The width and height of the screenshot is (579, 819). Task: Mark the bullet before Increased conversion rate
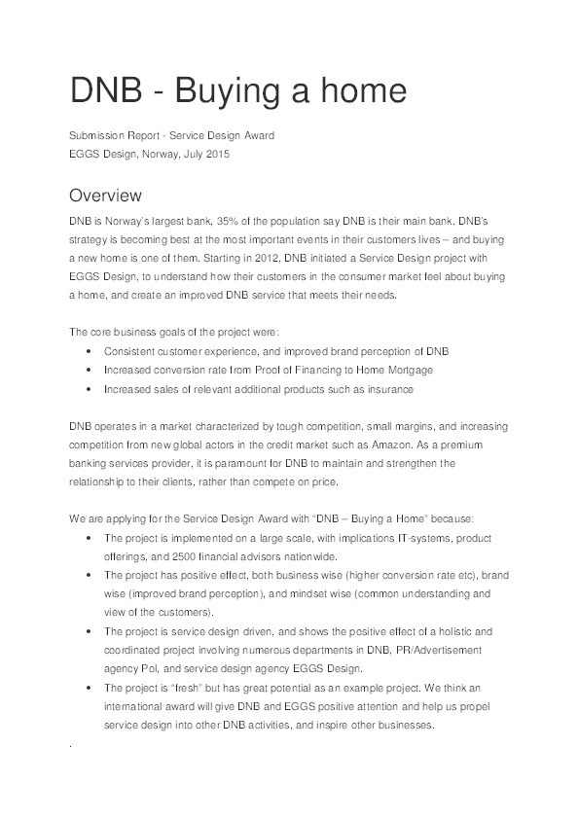(90, 371)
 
